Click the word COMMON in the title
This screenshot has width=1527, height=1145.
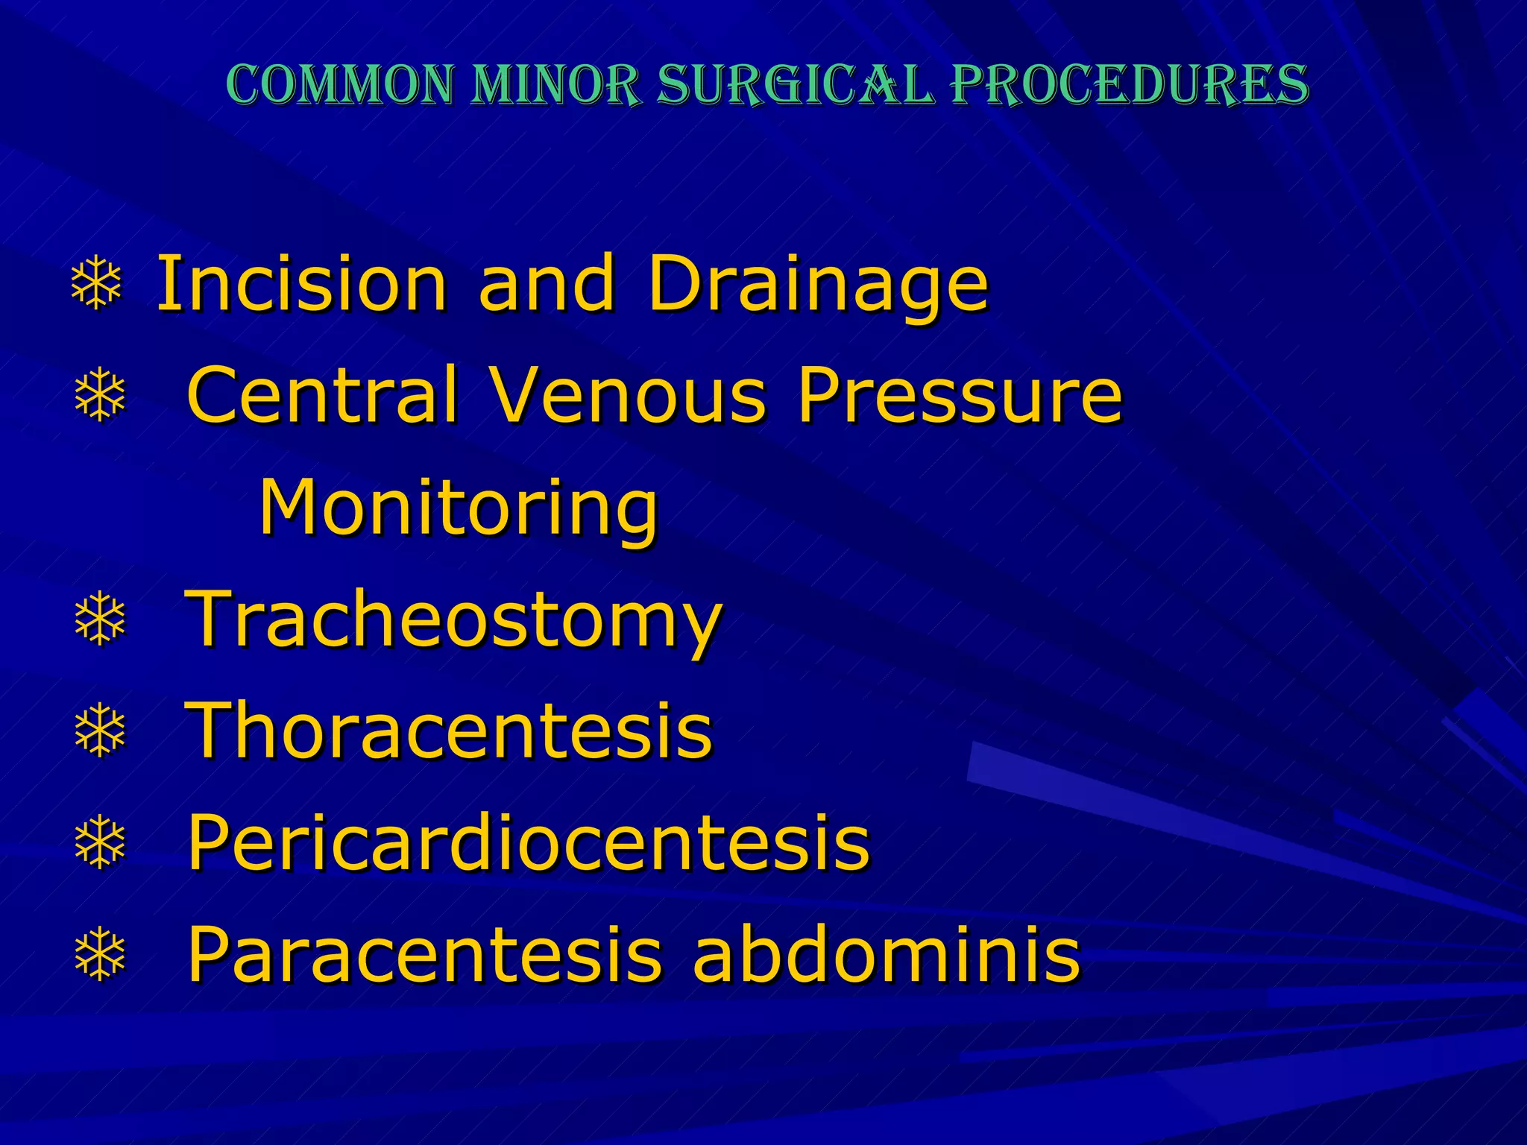click(x=339, y=84)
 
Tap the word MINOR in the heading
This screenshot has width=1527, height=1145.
click(x=555, y=84)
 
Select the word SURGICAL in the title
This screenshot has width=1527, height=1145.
click(x=795, y=84)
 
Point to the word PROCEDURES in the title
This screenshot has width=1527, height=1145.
click(x=1130, y=84)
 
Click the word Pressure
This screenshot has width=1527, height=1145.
click(x=960, y=395)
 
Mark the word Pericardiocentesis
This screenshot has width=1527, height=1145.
click(x=529, y=842)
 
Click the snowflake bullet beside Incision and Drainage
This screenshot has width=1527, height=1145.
click(x=96, y=284)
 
